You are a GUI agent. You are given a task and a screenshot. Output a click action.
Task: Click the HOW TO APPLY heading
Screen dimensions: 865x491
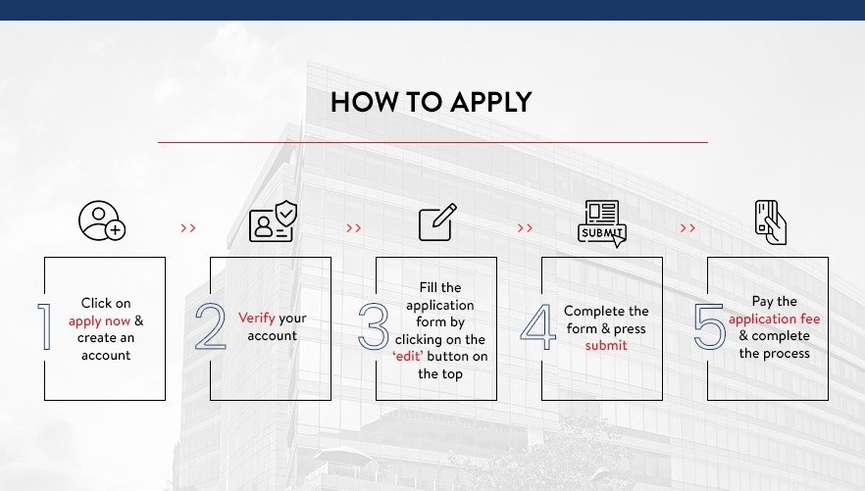pyautogui.click(x=431, y=103)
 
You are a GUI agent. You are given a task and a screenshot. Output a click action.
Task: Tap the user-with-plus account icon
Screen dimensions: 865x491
pyautogui.click(x=102, y=221)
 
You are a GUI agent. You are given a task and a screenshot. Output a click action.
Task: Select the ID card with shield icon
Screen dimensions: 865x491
pyautogui.click(x=273, y=221)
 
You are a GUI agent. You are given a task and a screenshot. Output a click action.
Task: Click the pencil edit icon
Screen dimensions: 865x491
pyautogui.click(x=438, y=222)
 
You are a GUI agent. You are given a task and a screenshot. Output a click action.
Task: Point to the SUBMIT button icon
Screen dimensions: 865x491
pyautogui.click(x=602, y=223)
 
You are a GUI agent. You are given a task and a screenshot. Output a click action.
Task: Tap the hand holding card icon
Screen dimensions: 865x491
pyautogui.click(x=771, y=222)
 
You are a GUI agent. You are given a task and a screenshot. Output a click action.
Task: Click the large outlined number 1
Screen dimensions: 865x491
pyautogui.click(x=44, y=326)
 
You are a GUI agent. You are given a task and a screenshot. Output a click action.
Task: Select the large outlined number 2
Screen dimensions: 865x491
pyautogui.click(x=211, y=326)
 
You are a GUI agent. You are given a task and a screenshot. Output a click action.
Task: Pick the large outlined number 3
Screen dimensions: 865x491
pyautogui.click(x=374, y=326)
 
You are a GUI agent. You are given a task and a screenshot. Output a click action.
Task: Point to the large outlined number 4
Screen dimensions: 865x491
pyautogui.click(x=537, y=326)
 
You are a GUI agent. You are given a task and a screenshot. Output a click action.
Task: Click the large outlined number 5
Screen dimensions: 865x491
pyautogui.click(x=709, y=326)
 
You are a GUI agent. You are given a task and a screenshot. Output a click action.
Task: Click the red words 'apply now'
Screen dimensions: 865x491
pyautogui.click(x=99, y=321)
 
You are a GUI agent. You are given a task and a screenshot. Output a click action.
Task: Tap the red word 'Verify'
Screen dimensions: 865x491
pyautogui.click(x=257, y=318)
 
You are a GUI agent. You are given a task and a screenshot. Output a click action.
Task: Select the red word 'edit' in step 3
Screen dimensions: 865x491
pyautogui.click(x=408, y=357)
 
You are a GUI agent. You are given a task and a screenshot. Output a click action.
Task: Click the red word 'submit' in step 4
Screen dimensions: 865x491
pyautogui.click(x=606, y=346)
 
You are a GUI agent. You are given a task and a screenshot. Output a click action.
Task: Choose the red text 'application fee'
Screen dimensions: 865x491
pyautogui.click(x=774, y=319)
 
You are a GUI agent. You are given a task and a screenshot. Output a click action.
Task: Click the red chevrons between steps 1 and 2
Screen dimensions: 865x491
pyautogui.click(x=188, y=228)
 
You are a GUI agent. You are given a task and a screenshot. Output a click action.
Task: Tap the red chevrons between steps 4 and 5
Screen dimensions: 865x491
pyautogui.click(x=687, y=228)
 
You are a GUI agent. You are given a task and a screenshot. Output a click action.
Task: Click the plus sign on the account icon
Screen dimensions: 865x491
pyautogui.click(x=116, y=230)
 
